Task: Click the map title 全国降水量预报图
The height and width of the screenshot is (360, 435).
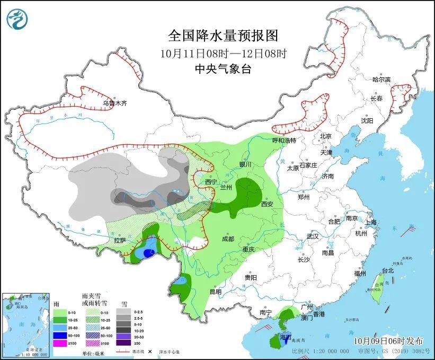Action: pos(223,36)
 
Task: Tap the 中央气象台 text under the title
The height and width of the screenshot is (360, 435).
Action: pos(223,68)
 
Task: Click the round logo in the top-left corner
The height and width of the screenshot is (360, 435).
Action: pos(17,19)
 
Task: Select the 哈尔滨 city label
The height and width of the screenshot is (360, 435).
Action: pos(381,80)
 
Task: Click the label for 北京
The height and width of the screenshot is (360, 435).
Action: pos(325,136)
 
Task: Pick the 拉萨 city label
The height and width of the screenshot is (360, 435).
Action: pos(120,240)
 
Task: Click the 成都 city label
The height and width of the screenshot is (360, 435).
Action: pos(228,239)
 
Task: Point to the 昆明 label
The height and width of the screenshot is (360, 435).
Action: pos(215,291)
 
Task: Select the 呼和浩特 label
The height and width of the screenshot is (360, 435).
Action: pos(283,141)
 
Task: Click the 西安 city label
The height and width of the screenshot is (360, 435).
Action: pos(267,204)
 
